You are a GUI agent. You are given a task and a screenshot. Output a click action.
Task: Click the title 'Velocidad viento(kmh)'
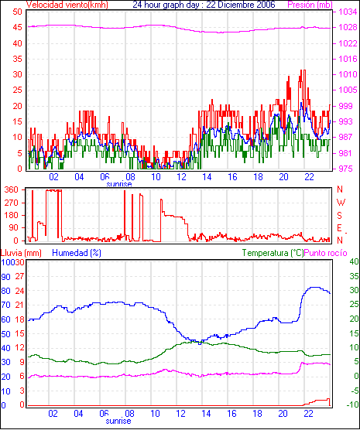tap(67, 5)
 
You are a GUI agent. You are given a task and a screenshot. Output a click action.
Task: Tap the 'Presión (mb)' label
tap(310, 5)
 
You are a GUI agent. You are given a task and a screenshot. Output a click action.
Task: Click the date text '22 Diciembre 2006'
tap(241, 5)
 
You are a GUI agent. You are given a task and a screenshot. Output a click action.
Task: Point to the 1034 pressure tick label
tap(348, 12)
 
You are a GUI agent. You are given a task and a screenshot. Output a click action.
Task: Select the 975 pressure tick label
tap(346, 169)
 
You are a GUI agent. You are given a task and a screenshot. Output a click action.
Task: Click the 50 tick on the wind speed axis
tap(17, 12)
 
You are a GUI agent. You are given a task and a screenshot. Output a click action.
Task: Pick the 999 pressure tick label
tap(346, 106)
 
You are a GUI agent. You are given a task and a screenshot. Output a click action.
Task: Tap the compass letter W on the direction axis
tap(341, 203)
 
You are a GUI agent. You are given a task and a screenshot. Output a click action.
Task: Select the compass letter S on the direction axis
tap(340, 216)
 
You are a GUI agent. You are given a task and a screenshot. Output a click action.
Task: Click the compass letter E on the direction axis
tap(340, 228)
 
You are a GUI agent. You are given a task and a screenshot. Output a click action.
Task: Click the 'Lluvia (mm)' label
tap(21, 253)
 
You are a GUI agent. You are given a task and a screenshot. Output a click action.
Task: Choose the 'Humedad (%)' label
tap(77, 253)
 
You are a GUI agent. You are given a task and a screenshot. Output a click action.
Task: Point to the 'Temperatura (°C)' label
tap(273, 253)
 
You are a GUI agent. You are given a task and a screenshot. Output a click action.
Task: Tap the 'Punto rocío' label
tap(326, 253)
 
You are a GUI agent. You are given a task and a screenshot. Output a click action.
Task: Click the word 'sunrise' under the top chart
tap(119, 184)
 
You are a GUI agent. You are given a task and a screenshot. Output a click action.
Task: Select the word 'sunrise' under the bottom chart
tap(118, 421)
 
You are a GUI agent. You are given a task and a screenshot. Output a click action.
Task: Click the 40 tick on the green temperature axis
tap(354, 261)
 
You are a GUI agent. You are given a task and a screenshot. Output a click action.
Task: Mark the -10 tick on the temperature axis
tap(353, 404)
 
